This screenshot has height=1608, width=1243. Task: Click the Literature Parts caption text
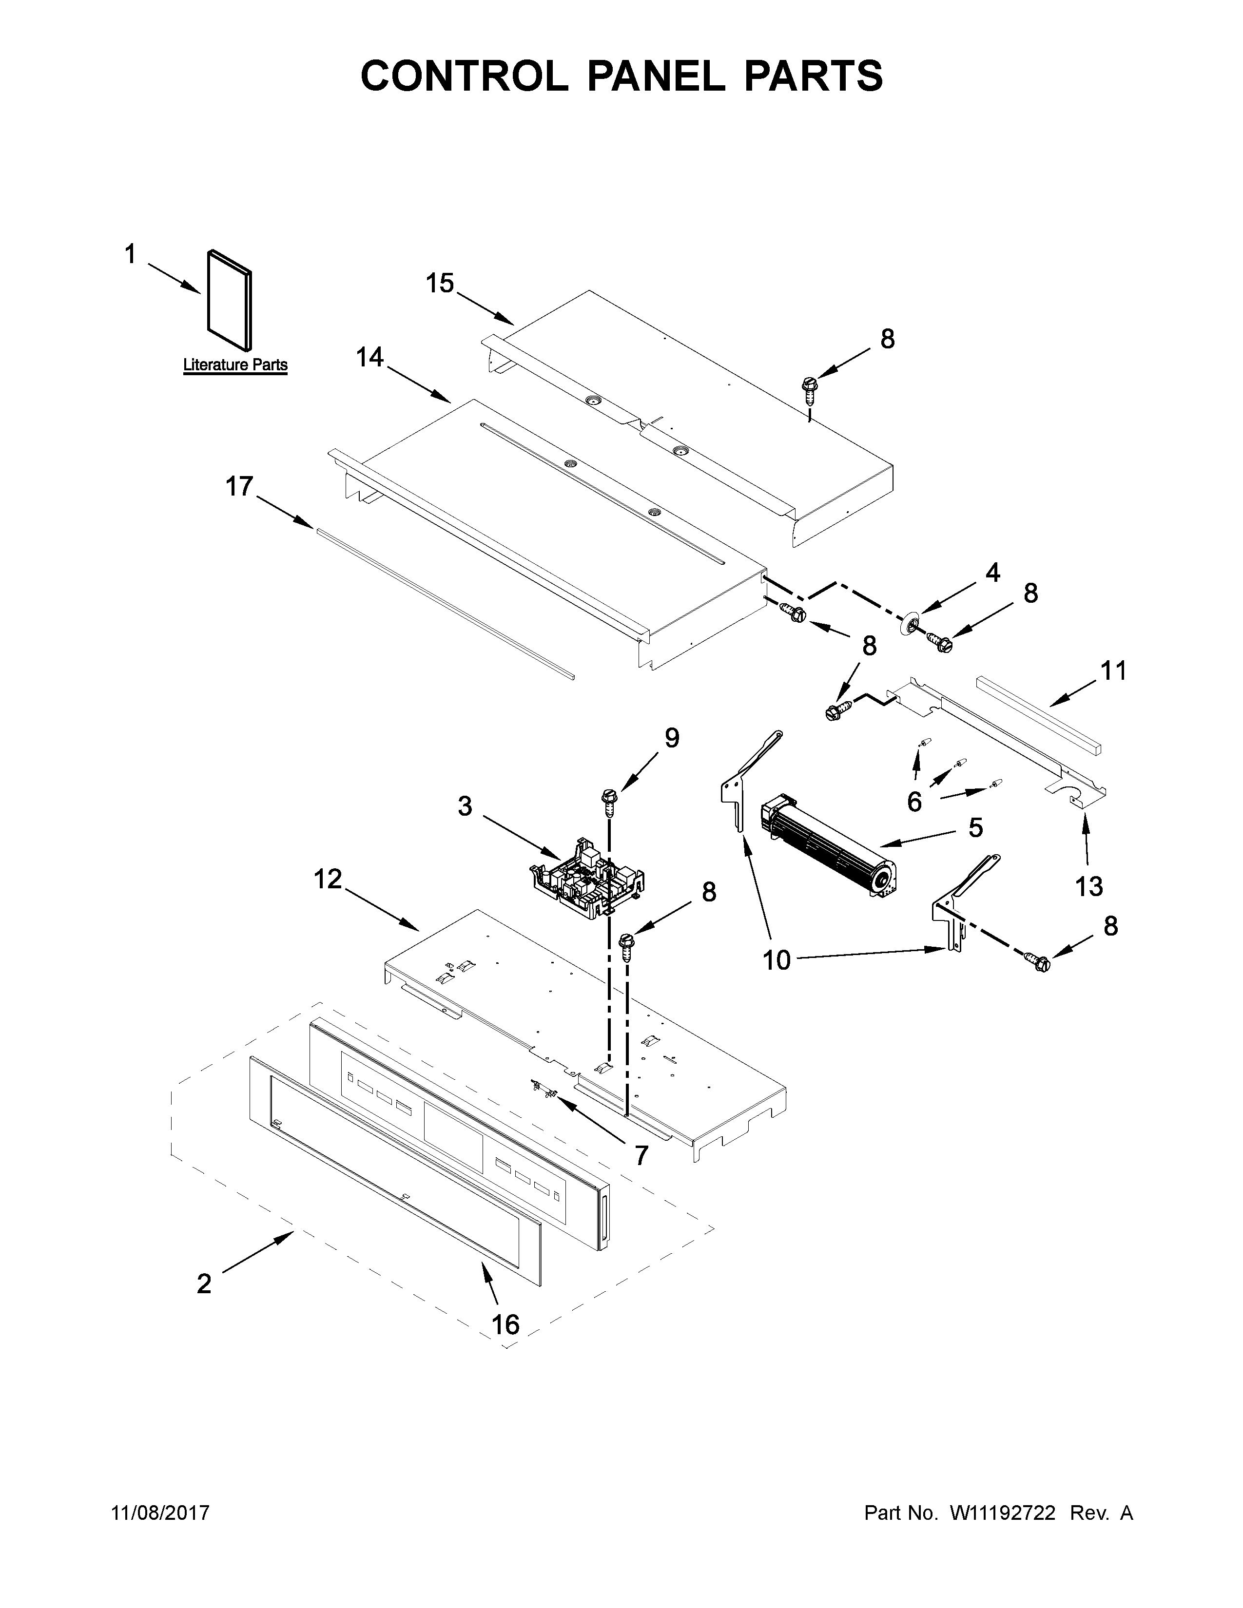pyautogui.click(x=235, y=364)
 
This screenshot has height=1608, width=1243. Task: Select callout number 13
pyautogui.click(x=1088, y=886)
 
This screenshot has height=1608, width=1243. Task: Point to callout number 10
pyautogui.click(x=776, y=960)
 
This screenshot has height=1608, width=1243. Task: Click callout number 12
pyautogui.click(x=328, y=879)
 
